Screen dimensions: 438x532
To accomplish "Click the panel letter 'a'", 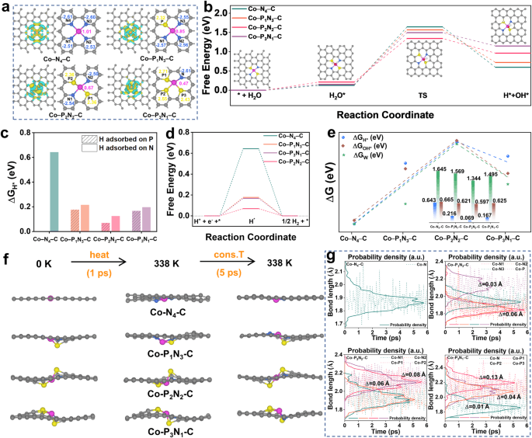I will click(x=7, y=7).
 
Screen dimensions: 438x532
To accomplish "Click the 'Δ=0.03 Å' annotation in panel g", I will click(x=458, y=307).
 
